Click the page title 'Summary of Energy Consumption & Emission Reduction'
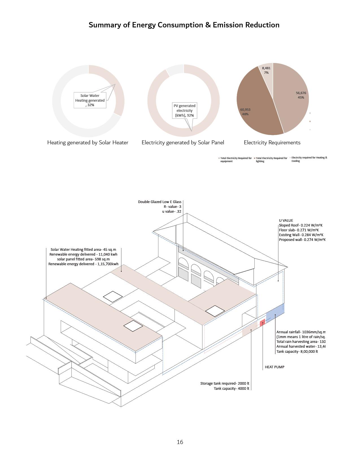184,25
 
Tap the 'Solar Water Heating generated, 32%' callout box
90,100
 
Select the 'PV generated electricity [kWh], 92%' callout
184,110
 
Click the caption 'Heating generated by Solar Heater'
88,143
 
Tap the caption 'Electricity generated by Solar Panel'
183,143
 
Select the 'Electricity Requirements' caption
272,143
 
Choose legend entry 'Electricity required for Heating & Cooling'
309,159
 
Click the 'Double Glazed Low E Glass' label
160,202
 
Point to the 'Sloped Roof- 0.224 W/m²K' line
300,225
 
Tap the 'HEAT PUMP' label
274,367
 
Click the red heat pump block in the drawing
262,323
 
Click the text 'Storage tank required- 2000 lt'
225,384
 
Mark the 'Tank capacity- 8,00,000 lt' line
297,352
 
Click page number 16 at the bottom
180,442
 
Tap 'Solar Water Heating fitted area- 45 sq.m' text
83,250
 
